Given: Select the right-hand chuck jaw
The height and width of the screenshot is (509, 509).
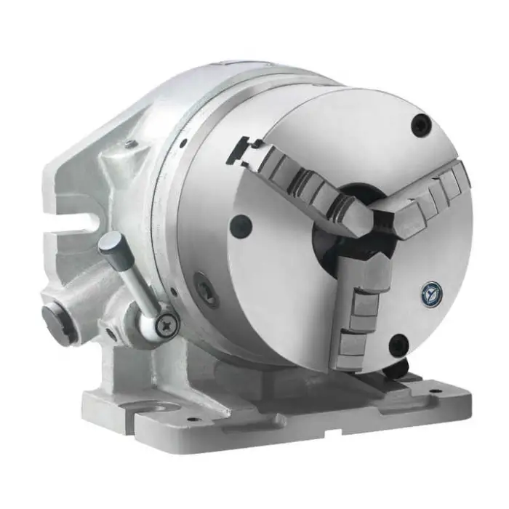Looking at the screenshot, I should (429, 196).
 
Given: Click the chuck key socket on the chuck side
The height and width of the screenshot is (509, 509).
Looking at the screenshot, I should (207, 288).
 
